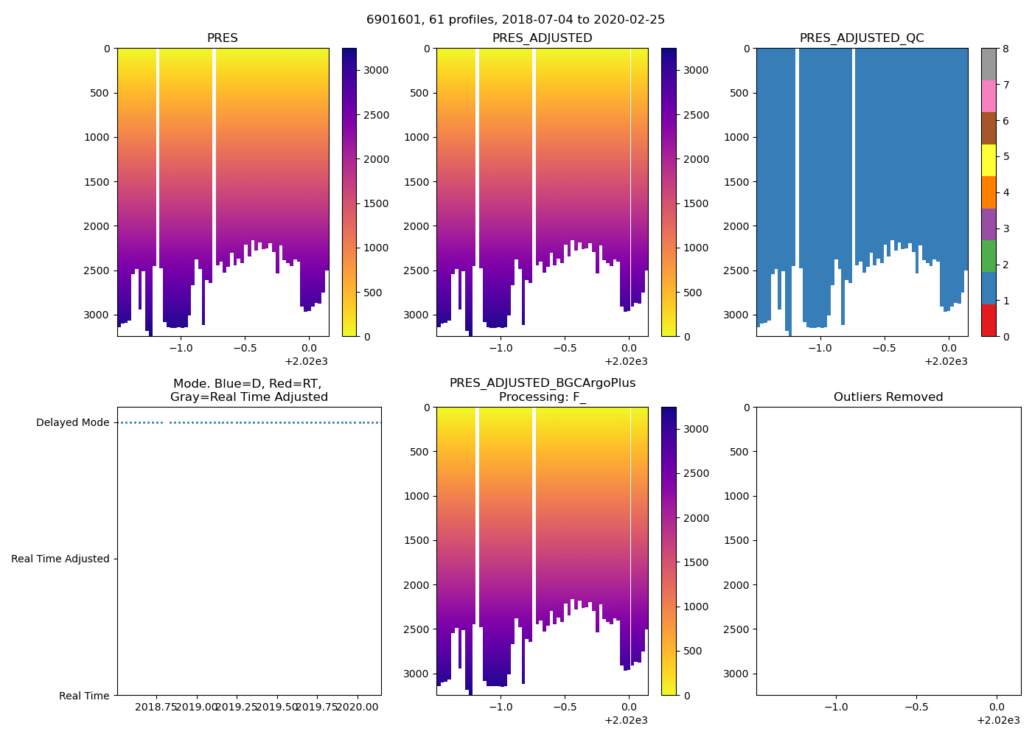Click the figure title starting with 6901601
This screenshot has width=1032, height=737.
(515, 20)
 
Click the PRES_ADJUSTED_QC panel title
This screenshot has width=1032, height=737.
(862, 38)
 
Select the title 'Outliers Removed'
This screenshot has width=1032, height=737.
(888, 397)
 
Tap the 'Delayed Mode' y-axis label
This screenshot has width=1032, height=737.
(72, 423)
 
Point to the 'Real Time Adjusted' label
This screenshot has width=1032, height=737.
(60, 559)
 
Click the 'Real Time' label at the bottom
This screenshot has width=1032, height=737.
(84, 696)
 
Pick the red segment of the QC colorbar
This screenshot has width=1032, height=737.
(989, 321)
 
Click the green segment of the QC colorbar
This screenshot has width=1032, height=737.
(989, 256)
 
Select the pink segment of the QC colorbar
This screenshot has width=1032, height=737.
(989, 96)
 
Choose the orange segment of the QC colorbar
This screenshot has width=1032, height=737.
(989, 192)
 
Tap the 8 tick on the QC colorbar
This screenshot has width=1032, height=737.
(1005, 49)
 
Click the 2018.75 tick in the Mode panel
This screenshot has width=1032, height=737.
(156, 707)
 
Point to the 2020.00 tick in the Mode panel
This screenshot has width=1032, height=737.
(358, 707)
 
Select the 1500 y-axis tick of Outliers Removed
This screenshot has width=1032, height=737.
(736, 541)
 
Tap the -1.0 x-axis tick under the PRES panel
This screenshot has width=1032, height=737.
(181, 349)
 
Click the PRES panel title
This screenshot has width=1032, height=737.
(222, 38)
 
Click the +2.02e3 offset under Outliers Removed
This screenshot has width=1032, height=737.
(998, 720)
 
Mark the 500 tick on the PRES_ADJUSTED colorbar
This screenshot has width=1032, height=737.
(694, 293)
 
